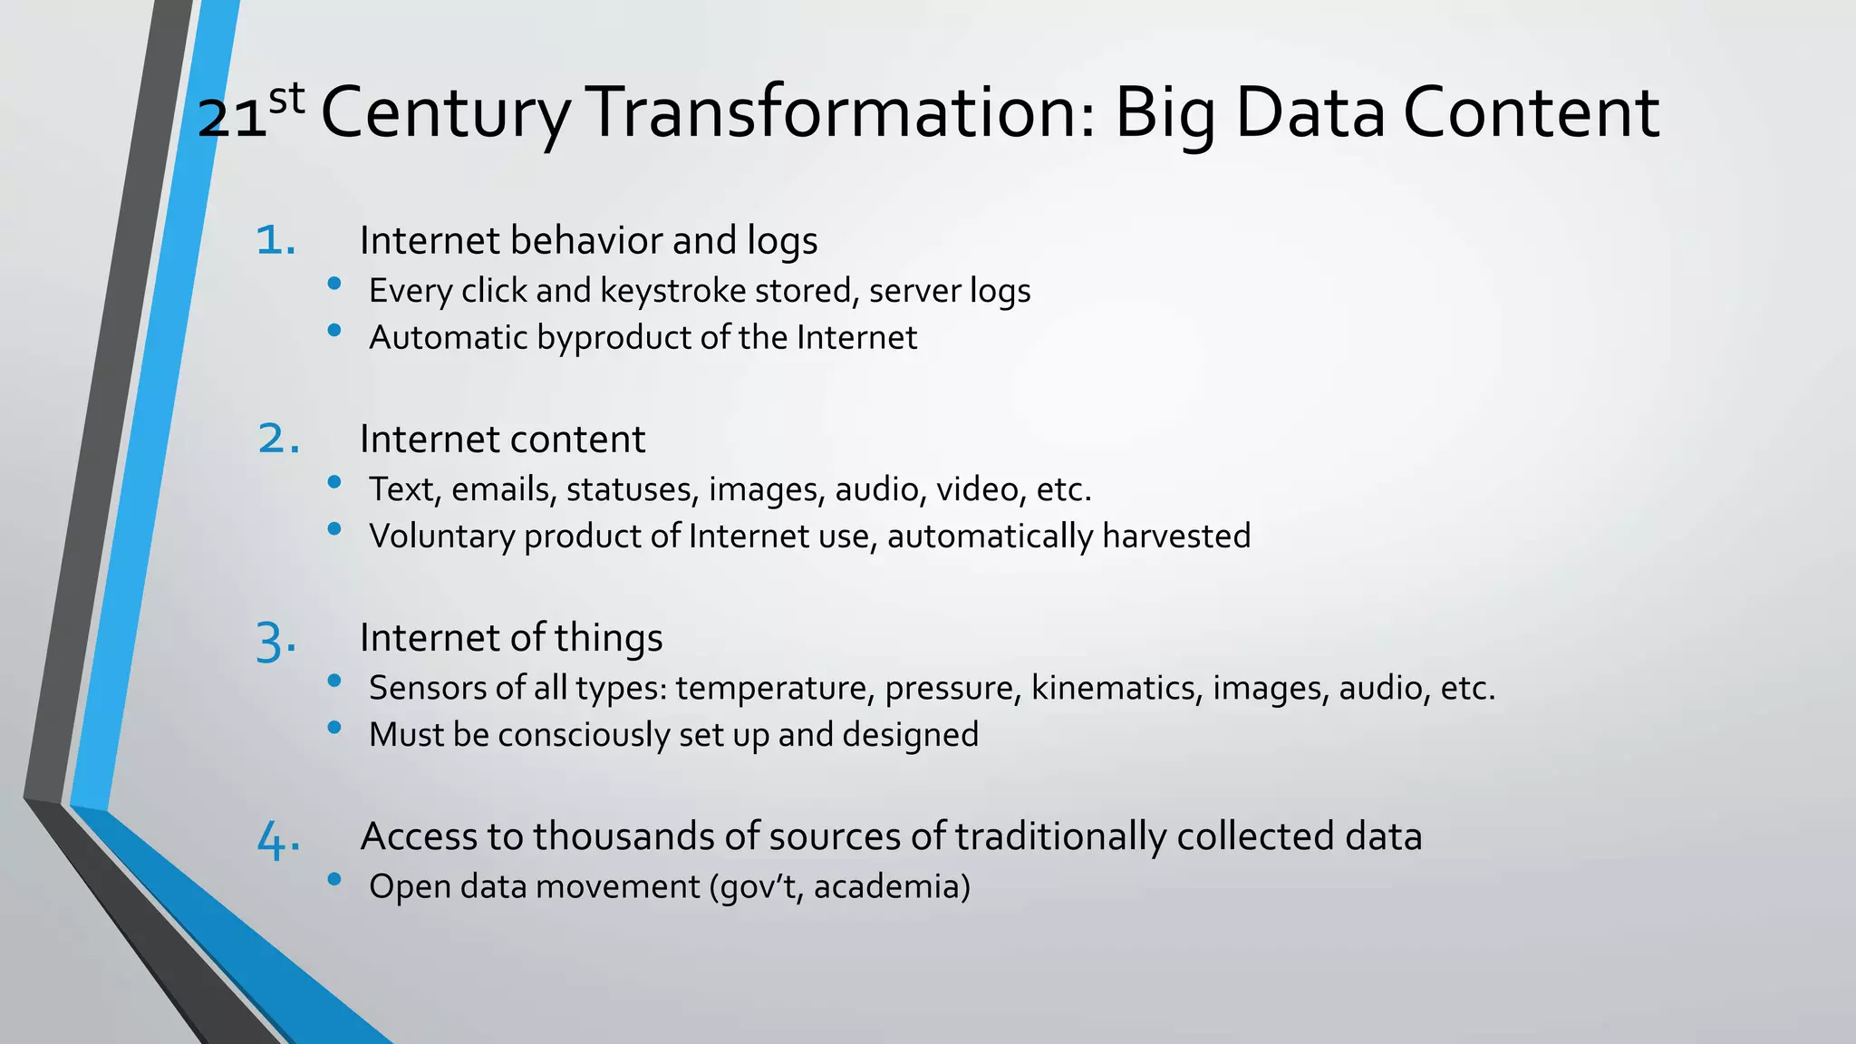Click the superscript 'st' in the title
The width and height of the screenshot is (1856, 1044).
coord(286,99)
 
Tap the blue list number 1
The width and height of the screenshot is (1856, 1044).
coord(275,240)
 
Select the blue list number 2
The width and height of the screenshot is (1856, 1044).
coord(277,439)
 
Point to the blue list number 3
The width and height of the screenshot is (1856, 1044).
coord(275,642)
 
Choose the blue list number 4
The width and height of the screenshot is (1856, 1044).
coord(277,840)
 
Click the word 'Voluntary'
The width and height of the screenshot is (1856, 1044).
coord(441,536)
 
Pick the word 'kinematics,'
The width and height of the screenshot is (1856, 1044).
coord(1116,688)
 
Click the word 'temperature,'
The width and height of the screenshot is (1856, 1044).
coord(774,688)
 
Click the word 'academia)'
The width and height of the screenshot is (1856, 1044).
coord(892,886)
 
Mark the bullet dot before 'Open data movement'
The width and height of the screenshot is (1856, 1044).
coord(334,878)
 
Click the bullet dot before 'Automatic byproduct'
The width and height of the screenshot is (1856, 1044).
coord(334,330)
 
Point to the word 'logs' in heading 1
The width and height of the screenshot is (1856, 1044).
coord(782,241)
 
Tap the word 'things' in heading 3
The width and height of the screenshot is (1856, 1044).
coord(608,639)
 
